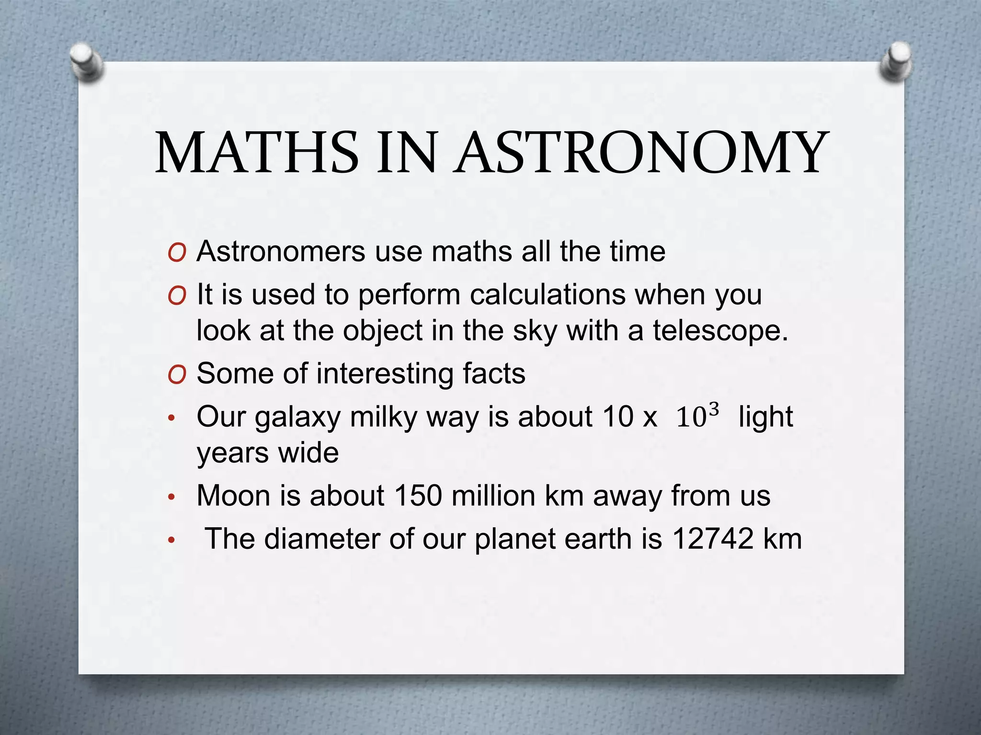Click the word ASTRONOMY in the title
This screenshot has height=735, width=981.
click(x=642, y=153)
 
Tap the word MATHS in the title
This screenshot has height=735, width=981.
click(x=257, y=153)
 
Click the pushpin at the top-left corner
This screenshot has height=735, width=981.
click(x=86, y=62)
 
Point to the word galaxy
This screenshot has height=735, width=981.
click(x=297, y=417)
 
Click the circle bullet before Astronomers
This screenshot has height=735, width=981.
click(x=177, y=253)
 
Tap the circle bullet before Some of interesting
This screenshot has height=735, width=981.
click(x=177, y=375)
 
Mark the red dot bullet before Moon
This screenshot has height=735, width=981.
click(x=172, y=498)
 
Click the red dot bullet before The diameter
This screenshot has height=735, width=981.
click(x=172, y=541)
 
